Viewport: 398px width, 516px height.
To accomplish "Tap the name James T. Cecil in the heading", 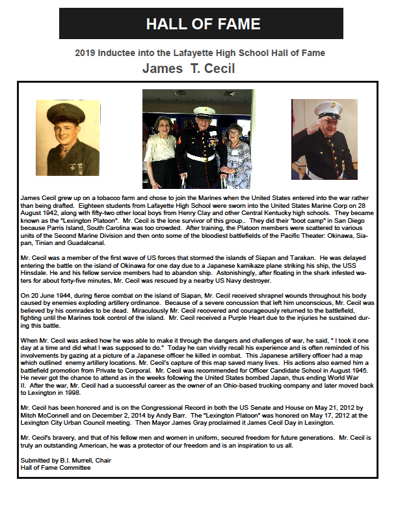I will tap(189, 68).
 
